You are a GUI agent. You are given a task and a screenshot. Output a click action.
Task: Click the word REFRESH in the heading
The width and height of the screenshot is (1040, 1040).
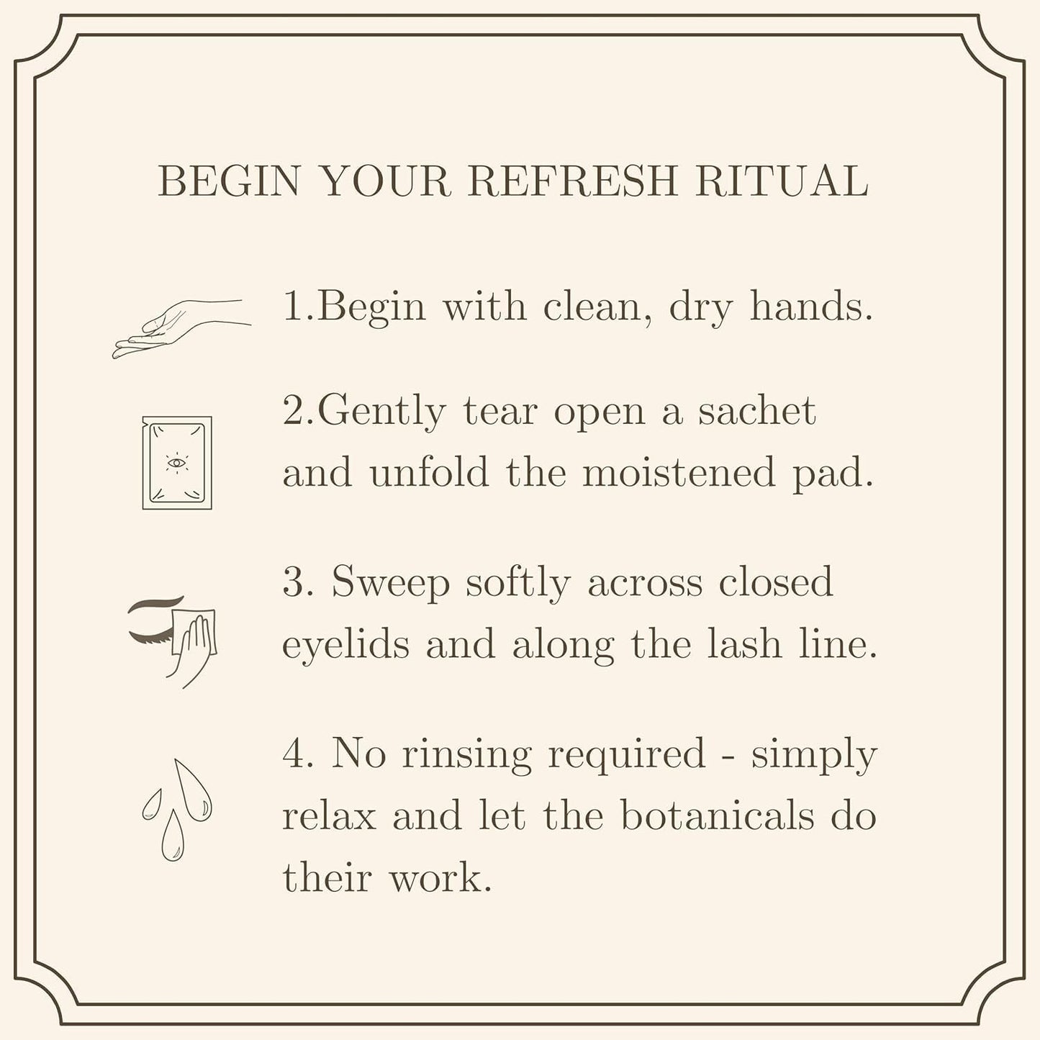pyautogui.click(x=573, y=181)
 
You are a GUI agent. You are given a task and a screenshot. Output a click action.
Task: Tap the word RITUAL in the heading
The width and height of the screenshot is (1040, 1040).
pyautogui.click(x=782, y=181)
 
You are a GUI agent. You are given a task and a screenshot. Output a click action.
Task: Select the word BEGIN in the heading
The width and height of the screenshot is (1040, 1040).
pyautogui.click(x=229, y=181)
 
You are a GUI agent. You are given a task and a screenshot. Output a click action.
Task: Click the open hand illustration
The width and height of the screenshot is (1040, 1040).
pyautogui.click(x=181, y=329)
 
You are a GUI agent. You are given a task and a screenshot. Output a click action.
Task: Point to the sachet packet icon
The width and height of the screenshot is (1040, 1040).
pyautogui.click(x=177, y=463)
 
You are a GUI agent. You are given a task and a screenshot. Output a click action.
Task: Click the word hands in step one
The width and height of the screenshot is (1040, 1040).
pyautogui.click(x=810, y=307)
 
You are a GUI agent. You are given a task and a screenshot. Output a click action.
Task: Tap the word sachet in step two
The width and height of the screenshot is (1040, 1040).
pyautogui.click(x=756, y=411)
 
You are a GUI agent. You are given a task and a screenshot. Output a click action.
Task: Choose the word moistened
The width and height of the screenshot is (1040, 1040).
pyautogui.click(x=679, y=471)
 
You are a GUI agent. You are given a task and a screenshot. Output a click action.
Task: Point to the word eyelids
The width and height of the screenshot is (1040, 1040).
pyautogui.click(x=345, y=646)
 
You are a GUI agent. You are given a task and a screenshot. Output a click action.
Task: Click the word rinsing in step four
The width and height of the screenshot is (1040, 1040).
pyautogui.click(x=467, y=755)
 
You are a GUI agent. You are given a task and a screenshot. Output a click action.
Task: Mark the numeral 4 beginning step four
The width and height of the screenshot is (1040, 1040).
pyautogui.click(x=294, y=754)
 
